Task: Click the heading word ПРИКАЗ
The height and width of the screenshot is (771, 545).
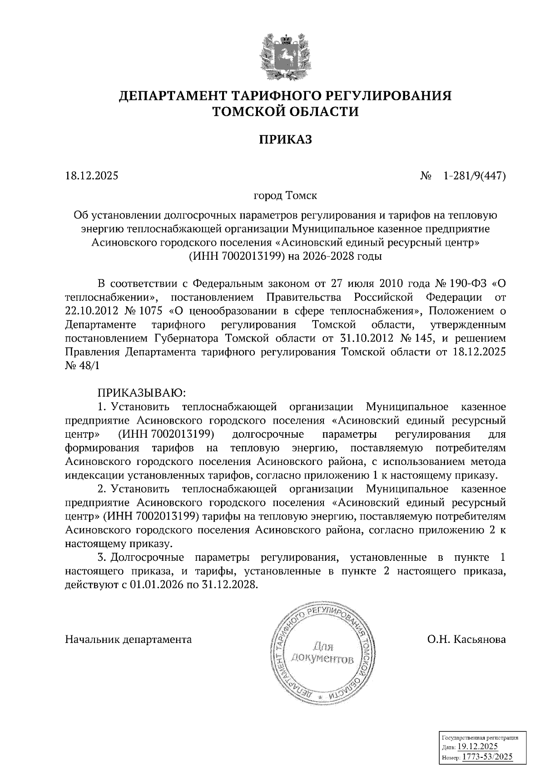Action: point(285,139)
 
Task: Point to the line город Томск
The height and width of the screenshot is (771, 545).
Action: point(285,196)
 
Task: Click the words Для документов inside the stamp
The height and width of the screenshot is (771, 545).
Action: point(322,652)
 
